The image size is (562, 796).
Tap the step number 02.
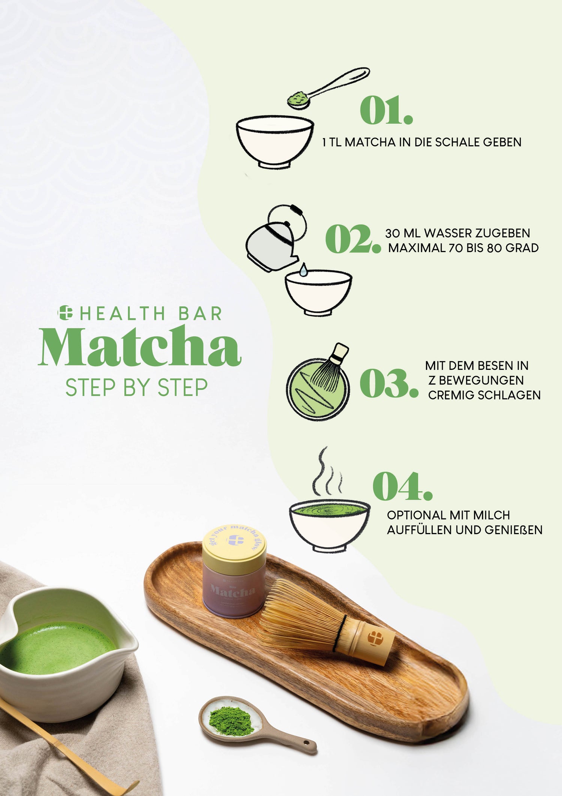coord(352,239)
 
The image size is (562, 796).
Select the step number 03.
coord(389,383)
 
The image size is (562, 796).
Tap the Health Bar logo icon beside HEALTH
coord(65,312)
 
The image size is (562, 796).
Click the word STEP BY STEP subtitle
coord(136,387)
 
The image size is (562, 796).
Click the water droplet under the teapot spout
coord(303,270)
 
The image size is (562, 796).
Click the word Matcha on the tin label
coord(233,591)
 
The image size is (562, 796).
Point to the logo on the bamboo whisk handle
coord(375,637)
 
